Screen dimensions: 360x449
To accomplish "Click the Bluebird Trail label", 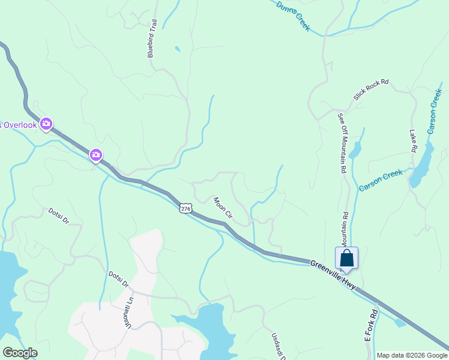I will [x=153, y=39].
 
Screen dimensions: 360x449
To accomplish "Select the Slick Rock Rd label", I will [x=372, y=89].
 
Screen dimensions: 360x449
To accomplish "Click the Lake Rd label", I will [x=414, y=140].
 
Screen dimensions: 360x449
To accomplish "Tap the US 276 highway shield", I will [x=185, y=208].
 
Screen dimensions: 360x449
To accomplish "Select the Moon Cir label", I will [x=223, y=207].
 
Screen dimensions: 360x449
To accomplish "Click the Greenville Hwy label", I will [x=334, y=273].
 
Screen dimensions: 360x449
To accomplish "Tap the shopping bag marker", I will [x=347, y=259].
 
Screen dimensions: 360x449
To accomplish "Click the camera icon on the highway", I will [x=95, y=155].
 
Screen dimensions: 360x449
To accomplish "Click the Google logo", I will [x=20, y=353].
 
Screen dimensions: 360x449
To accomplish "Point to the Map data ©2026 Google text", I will [x=412, y=355].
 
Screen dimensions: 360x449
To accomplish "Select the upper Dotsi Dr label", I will [x=59, y=216].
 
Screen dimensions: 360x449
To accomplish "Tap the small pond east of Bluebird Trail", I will [x=176, y=49].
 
